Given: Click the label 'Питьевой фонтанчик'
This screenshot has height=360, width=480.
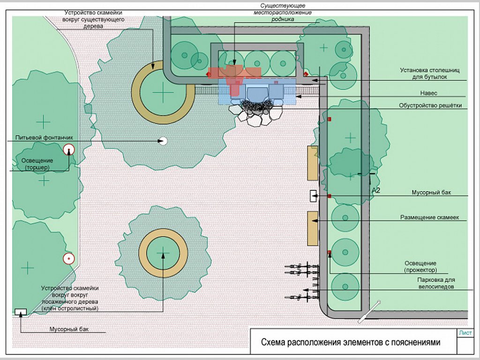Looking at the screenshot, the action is click(44, 138).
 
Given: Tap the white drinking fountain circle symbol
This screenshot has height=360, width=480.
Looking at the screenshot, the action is click(163, 141).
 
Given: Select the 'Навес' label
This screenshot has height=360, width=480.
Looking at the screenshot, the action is click(428, 93).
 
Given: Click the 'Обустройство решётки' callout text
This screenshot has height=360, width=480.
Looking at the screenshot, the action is click(430, 105).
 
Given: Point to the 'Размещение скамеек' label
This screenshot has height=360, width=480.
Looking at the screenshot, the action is click(429, 217).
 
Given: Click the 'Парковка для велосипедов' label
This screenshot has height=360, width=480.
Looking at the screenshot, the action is click(436, 283).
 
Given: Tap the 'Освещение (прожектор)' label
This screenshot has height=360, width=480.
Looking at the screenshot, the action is click(420, 267).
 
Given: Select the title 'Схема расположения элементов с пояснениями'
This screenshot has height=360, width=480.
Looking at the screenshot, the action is click(351, 342).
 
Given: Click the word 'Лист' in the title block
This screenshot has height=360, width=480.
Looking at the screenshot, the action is click(465, 333).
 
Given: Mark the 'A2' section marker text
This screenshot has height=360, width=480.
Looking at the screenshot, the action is click(375, 190).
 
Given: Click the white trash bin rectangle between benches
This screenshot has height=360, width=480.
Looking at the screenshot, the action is click(313, 196).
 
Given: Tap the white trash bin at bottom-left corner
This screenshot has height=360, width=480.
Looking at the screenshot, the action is click(21, 312).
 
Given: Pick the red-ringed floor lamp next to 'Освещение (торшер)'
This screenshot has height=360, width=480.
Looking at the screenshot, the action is click(69, 150).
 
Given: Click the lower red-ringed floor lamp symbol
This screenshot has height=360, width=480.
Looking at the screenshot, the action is click(69, 259).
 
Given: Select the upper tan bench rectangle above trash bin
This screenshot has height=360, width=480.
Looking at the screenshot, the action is click(313, 163).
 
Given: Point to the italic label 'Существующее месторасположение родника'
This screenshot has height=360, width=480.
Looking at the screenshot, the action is click(283, 12).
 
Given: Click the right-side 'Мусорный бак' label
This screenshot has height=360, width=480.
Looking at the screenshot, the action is click(431, 193).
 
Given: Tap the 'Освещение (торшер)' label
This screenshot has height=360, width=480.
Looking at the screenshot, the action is click(37, 164).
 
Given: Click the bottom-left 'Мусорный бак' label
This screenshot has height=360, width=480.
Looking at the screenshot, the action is click(69, 329).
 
